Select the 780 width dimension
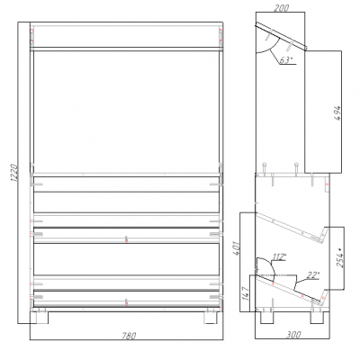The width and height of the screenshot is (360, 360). pyautogui.click(x=129, y=336)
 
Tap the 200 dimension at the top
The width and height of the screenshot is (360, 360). pyautogui.click(x=282, y=8)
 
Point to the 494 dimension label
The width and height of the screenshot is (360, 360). pyautogui.click(x=337, y=112)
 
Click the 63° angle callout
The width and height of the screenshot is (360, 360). pyautogui.click(x=285, y=60)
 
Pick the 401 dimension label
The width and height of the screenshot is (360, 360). pyautogui.click(x=237, y=247)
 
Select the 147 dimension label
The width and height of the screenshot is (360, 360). pyautogui.click(x=246, y=294)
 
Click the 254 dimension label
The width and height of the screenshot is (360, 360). pyautogui.click(x=340, y=258)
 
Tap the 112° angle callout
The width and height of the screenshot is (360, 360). pyautogui.click(x=279, y=256)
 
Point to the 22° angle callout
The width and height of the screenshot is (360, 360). pyautogui.click(x=313, y=274)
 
